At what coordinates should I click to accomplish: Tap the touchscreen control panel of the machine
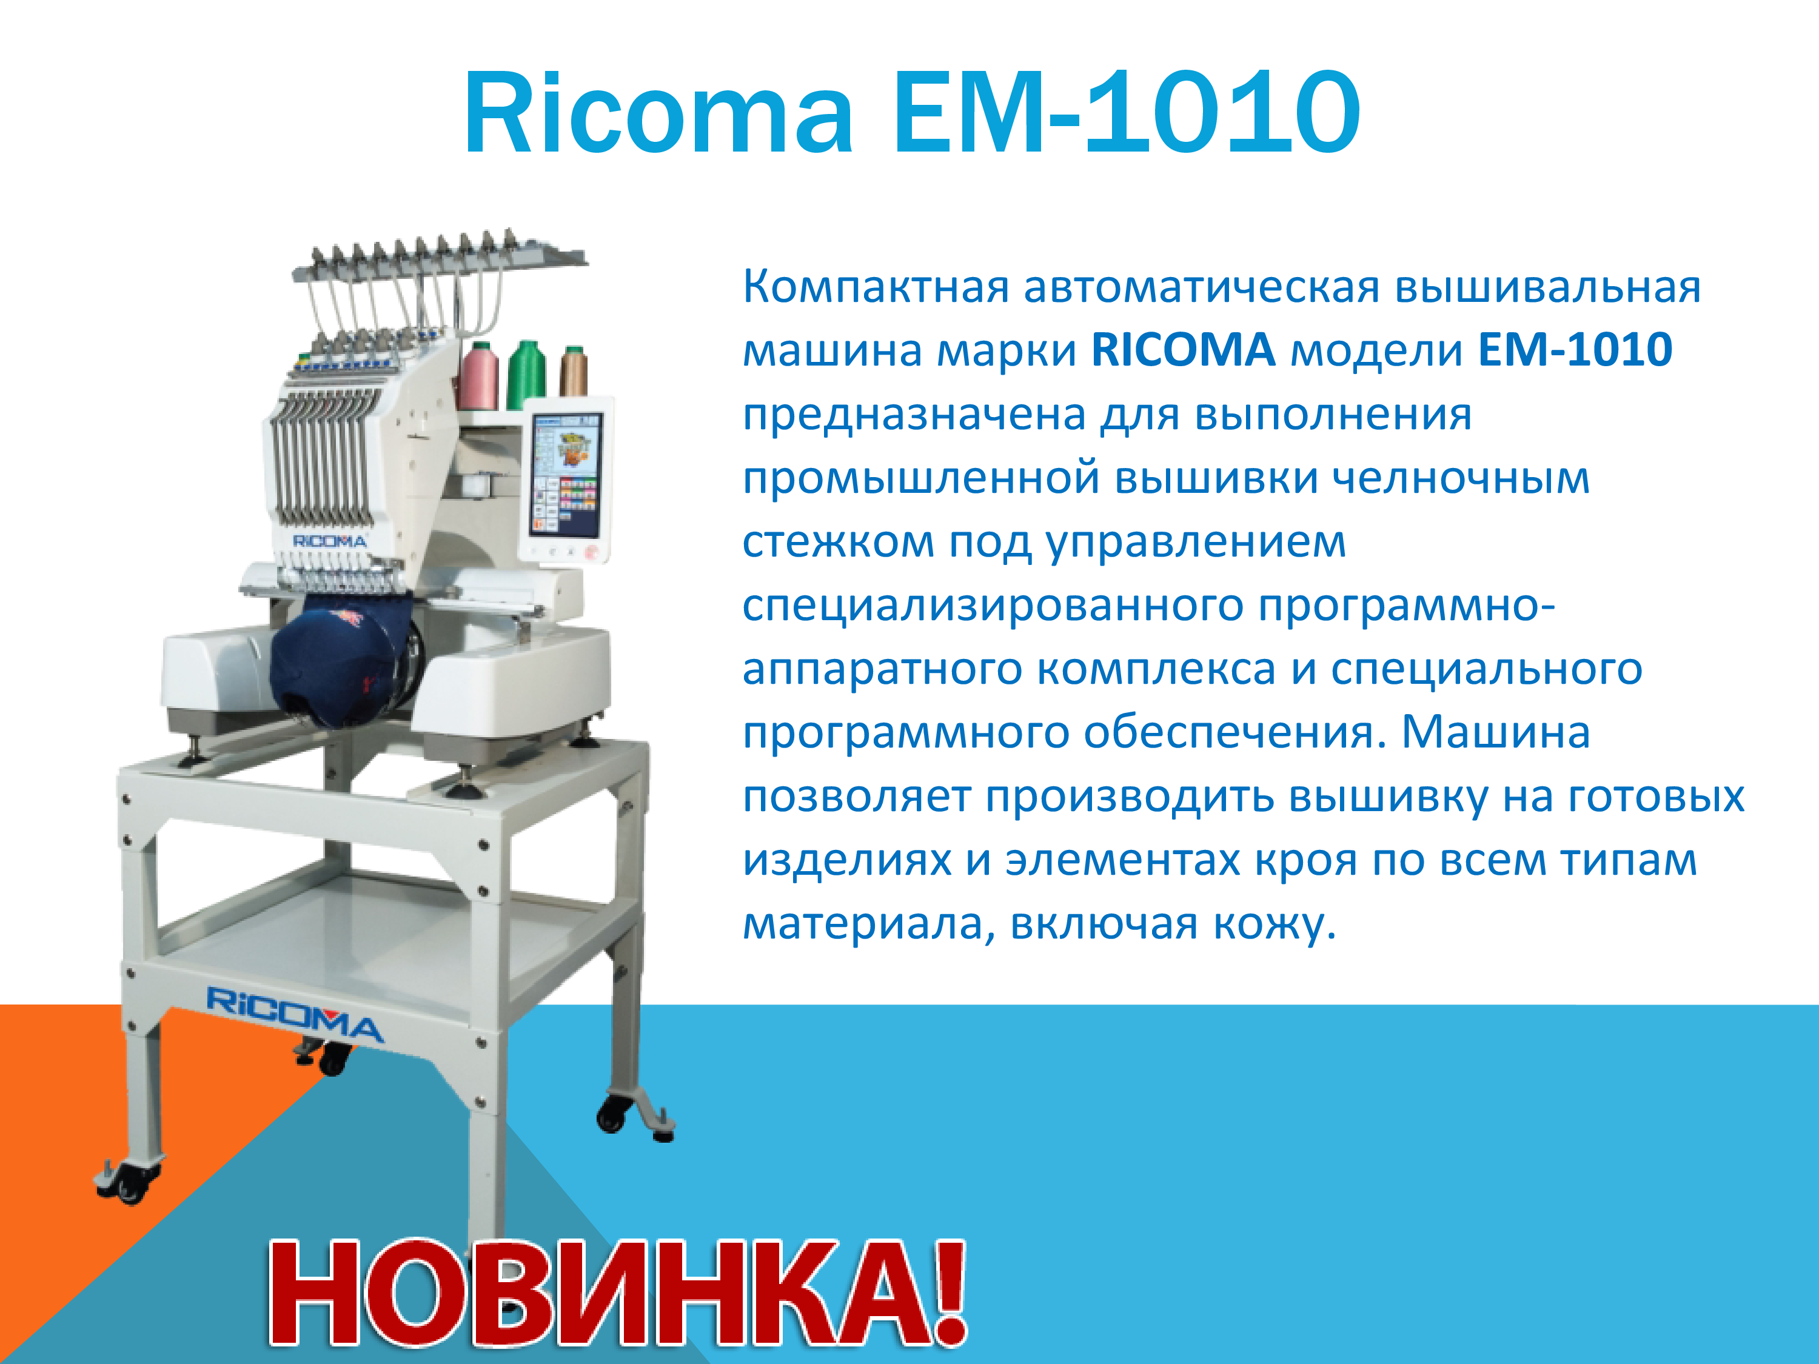566,478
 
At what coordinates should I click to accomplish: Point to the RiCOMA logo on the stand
295,1013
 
